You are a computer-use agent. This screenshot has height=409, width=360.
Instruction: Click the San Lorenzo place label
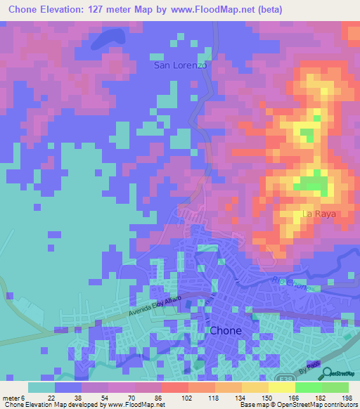pos(180,65)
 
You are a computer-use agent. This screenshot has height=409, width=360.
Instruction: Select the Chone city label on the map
pos(226,330)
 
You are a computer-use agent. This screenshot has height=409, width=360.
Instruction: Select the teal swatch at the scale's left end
pos(41,387)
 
